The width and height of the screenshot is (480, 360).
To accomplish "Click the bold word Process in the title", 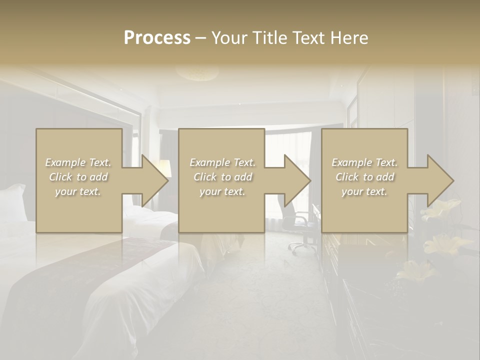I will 157,38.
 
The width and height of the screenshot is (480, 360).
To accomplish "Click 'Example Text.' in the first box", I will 78,162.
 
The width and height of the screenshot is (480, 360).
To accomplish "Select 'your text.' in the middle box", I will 222,191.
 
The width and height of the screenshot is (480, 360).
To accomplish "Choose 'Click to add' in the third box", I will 364,177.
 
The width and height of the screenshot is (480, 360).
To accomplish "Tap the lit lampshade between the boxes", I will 164,167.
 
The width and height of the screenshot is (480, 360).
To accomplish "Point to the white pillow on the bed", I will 13,202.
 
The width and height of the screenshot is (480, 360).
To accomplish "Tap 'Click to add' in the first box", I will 78,177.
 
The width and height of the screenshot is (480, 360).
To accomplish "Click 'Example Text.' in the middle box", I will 222,162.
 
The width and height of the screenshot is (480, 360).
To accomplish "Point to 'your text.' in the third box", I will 364,191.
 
